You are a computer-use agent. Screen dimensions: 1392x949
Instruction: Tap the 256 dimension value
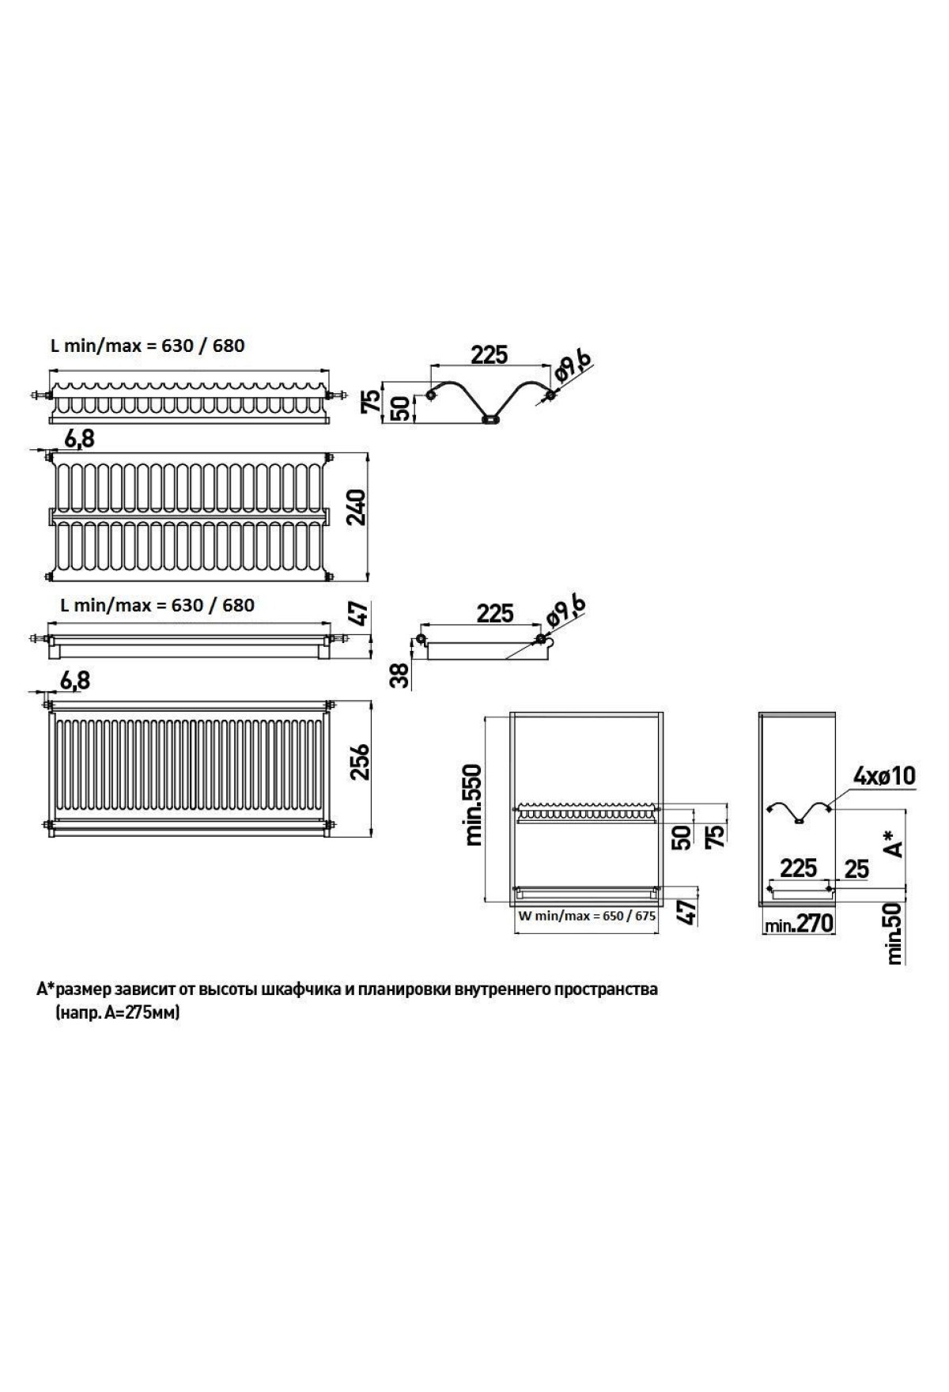click(x=360, y=761)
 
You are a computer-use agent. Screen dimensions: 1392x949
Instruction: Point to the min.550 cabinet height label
click(x=474, y=805)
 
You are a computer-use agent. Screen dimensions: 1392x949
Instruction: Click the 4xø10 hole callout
click(x=883, y=776)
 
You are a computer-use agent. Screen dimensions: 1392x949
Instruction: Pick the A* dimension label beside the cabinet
click(x=894, y=843)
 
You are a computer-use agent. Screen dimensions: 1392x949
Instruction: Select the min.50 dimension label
click(x=894, y=934)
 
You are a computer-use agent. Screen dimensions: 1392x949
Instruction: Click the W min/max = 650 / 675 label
click(x=586, y=916)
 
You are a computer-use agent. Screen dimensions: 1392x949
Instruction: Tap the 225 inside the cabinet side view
click(x=798, y=868)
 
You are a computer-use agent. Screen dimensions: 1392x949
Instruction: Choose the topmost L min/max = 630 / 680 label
click(x=147, y=346)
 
